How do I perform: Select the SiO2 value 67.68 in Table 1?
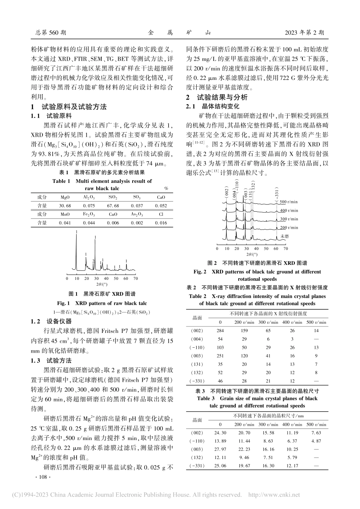pyautogui.click(x=113, y=206)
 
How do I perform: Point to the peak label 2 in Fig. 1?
pyautogui.click(x=93, y=261)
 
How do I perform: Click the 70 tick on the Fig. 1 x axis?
pyautogui.click(x=136, y=278)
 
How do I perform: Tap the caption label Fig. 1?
pyautogui.click(x=64, y=303)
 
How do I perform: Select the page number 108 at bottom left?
pyautogui.click(x=41, y=477)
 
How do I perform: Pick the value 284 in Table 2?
pyautogui.click(x=220, y=331)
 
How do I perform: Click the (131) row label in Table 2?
pyautogui.click(x=197, y=364)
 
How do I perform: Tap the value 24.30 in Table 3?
pyautogui.click(x=220, y=432)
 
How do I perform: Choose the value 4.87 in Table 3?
pyautogui.click(x=316, y=441)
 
